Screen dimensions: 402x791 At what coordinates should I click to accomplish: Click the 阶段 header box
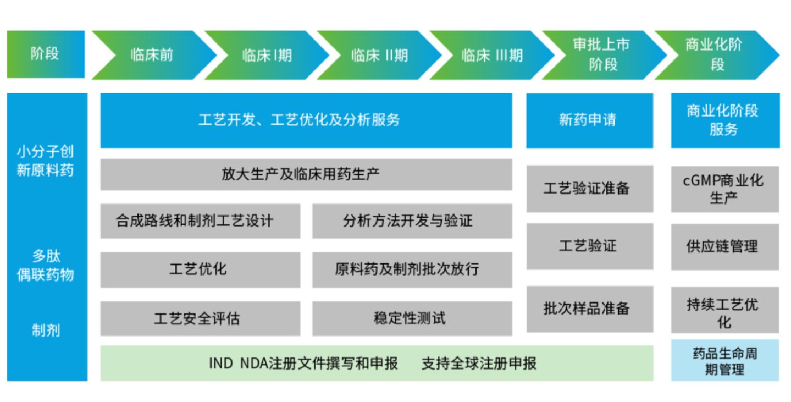(45, 54)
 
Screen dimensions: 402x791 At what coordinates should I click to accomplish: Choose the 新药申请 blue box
(589, 120)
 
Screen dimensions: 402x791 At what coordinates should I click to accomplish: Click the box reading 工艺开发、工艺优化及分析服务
(306, 120)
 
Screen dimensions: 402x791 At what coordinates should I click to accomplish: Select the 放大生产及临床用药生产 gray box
(306, 175)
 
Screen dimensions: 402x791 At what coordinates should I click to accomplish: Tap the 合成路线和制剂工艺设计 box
(200, 221)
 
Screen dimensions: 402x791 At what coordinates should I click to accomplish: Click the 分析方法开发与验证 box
(412, 221)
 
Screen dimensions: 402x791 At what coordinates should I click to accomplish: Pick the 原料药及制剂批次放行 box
(412, 269)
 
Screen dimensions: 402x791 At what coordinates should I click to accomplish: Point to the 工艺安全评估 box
(200, 318)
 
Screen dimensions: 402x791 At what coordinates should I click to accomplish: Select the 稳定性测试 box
(412, 318)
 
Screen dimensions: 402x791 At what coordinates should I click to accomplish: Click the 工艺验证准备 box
(589, 189)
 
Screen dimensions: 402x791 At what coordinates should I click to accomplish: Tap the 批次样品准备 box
(589, 309)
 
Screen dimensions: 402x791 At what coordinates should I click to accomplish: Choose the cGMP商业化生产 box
(724, 189)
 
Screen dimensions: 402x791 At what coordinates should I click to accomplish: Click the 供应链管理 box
(724, 246)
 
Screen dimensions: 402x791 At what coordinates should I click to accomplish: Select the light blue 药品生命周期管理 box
(724, 360)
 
